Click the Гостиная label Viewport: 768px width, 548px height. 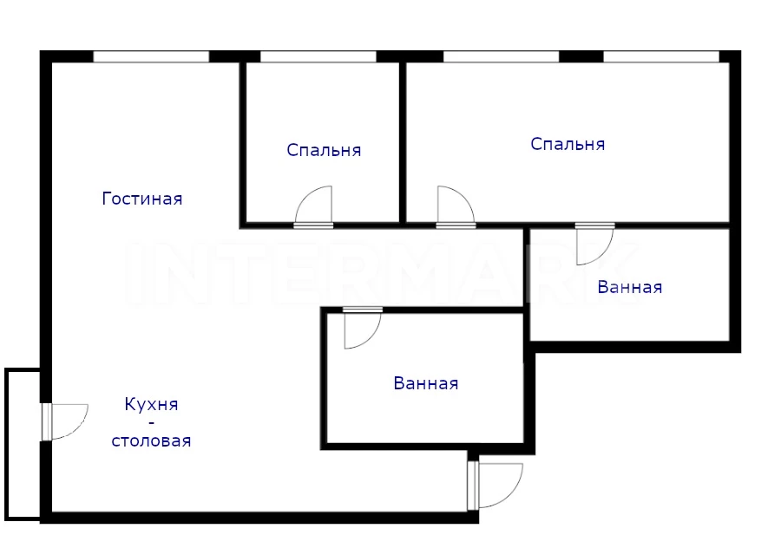pos(142,199)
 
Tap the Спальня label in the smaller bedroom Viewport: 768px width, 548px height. pos(324,150)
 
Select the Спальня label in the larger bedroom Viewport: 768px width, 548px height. pos(568,144)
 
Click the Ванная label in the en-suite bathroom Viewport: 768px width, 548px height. pos(630,287)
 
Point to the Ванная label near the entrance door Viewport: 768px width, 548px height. pos(425,383)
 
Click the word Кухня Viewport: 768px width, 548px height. pos(151,405)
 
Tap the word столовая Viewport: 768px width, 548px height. pos(151,440)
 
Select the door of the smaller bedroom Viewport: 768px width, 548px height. pos(313,207)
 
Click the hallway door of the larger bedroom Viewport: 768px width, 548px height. pos(456,207)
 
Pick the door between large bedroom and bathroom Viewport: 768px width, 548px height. pos(594,244)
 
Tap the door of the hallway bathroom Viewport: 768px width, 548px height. pos(363,328)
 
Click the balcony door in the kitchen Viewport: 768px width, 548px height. pos(65,421)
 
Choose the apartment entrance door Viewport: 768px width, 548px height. pos(496,486)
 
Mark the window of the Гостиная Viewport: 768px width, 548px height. pos(151,56)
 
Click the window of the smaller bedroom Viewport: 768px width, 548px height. pos(318,56)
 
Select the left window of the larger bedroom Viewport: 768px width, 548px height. pos(501,56)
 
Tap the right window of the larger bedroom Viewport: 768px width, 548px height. pos(661,56)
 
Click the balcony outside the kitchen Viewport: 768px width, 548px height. pos(23,443)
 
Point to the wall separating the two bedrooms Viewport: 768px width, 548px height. pos(403,142)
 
